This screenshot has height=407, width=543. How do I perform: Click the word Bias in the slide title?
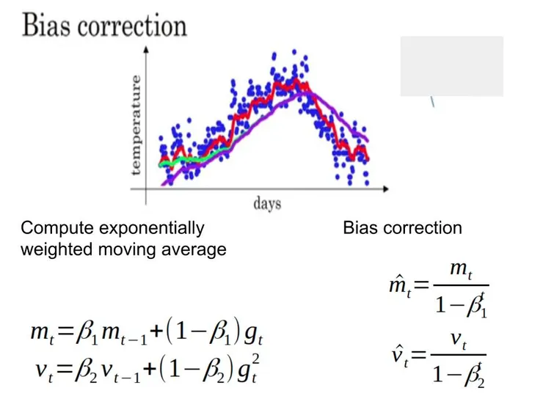pos(45,26)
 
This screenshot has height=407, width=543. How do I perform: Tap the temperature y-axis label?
pos(136,124)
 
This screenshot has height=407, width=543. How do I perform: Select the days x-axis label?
pos(267,203)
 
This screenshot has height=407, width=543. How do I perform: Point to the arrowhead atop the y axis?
pos(147,51)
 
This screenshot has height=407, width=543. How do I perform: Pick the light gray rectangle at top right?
pos(451,66)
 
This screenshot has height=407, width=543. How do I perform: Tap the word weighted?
pos(51,249)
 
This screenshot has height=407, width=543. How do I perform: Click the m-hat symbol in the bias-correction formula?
pos(398,285)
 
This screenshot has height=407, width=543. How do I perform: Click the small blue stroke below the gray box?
pos(433,103)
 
